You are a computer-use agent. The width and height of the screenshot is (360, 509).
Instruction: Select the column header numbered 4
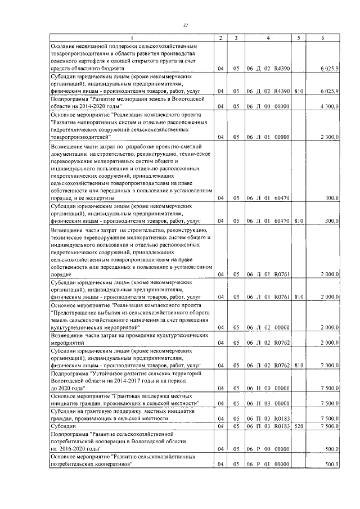coord(268,38)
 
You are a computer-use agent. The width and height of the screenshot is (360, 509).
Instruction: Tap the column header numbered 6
coord(322,38)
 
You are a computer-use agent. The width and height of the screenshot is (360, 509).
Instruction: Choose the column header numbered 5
coord(298,38)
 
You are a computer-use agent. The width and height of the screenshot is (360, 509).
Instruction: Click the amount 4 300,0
coord(328,106)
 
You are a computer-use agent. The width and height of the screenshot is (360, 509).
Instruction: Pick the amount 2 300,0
coord(328,137)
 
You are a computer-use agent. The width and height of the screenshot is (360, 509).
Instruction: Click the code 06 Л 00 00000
coord(268,106)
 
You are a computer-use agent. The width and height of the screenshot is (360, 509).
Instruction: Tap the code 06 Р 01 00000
coord(268,465)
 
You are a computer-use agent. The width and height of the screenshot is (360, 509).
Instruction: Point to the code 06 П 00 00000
coord(268,388)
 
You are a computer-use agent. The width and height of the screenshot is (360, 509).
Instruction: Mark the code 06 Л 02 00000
coord(268,327)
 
